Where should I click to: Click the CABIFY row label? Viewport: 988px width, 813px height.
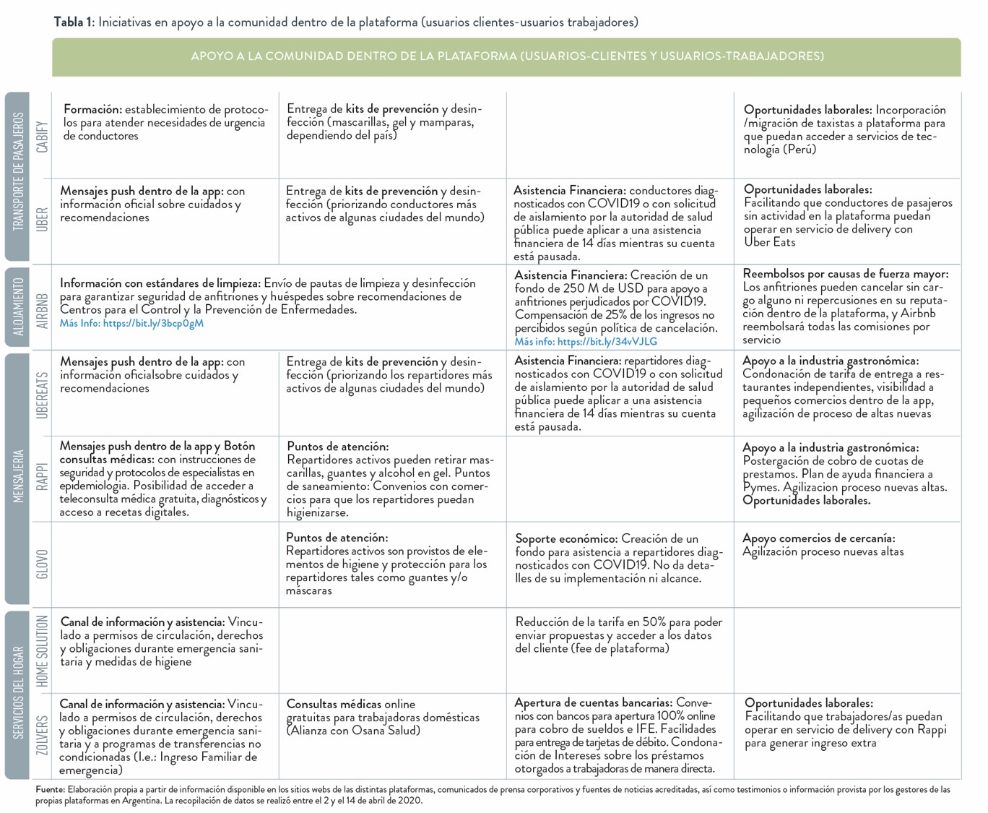43,136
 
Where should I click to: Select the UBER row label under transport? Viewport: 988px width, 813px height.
43,219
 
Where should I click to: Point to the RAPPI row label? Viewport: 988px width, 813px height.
43,477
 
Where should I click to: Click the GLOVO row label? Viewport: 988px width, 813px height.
43,564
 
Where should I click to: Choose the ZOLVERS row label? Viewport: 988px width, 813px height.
43,735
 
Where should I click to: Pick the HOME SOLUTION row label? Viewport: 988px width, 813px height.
43,650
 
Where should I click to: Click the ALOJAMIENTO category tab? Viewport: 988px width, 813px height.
18,306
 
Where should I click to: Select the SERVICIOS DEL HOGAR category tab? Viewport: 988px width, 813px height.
18,694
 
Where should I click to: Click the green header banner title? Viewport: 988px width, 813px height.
507,56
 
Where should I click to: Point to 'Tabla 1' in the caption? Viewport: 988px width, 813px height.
73,22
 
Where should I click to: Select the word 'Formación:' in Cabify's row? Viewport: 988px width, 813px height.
92,110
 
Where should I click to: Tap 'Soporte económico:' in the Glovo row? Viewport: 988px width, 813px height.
566,539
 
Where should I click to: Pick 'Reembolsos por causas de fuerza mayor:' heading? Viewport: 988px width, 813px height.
845,275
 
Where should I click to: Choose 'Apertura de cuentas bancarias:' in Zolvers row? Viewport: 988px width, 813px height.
593,703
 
